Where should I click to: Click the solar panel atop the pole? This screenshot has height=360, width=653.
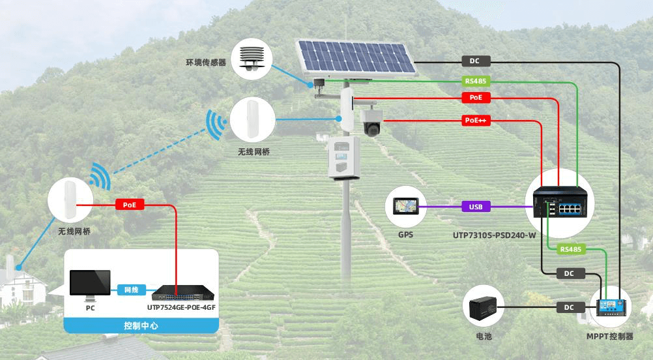[356, 58]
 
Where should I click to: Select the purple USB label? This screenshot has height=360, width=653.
[476, 207]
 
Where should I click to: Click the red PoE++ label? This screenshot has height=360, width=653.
[476, 121]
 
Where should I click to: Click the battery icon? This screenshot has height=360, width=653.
[483, 306]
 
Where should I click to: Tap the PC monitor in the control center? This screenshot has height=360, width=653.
[90, 284]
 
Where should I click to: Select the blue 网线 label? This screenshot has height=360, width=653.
[131, 290]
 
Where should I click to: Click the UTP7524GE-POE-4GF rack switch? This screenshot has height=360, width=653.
[177, 290]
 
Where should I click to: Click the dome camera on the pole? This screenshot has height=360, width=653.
[371, 122]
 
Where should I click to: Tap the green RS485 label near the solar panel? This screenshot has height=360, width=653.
[476, 82]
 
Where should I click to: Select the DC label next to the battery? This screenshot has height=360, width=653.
[569, 307]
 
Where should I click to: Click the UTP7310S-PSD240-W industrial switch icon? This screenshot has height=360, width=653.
[560, 202]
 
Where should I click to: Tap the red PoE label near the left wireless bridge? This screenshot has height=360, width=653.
[129, 205]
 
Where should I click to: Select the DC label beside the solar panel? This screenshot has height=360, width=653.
[474, 61]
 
